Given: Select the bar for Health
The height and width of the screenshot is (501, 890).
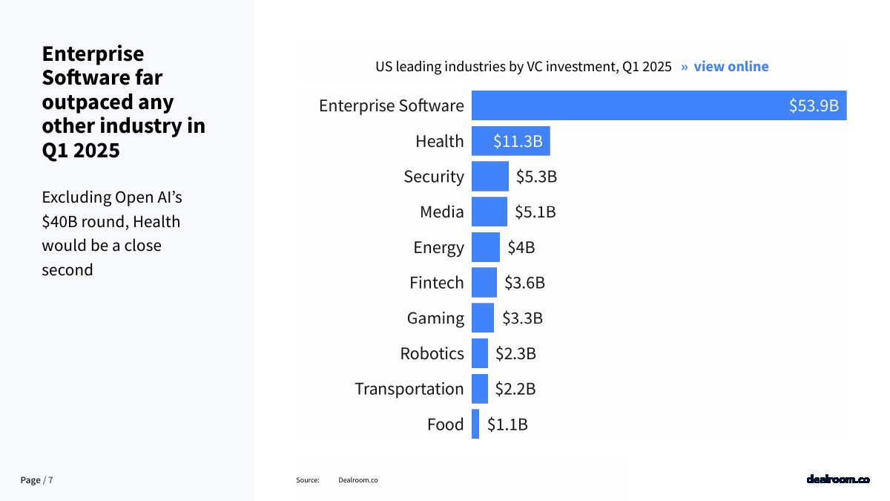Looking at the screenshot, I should (x=510, y=141).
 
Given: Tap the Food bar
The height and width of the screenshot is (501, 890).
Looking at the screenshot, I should (x=475, y=425).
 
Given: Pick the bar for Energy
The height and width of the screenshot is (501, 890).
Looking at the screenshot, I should (x=486, y=247).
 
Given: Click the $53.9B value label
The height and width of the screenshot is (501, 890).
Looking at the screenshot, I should (x=814, y=105).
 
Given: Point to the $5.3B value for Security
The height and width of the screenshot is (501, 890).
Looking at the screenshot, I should (x=536, y=177).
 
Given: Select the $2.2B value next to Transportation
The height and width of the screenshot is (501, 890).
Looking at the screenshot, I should (x=515, y=389).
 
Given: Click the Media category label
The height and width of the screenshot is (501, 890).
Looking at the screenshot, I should (x=441, y=212).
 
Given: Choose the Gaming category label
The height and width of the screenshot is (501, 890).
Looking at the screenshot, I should (x=435, y=318).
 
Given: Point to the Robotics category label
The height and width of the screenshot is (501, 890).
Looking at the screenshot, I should (x=432, y=354).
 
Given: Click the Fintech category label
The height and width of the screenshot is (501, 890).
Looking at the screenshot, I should (x=436, y=283).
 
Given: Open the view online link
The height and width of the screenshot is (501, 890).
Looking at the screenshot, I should (x=731, y=67).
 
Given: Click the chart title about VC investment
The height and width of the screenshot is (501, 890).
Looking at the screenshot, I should (x=523, y=67).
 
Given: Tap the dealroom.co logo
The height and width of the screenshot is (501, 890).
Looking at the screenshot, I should (x=837, y=479).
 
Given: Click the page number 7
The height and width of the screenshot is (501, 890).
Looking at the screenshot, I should (x=51, y=480).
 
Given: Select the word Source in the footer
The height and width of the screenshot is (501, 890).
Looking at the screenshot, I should (x=308, y=480).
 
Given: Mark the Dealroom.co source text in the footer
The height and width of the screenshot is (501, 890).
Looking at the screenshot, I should (x=357, y=480).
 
